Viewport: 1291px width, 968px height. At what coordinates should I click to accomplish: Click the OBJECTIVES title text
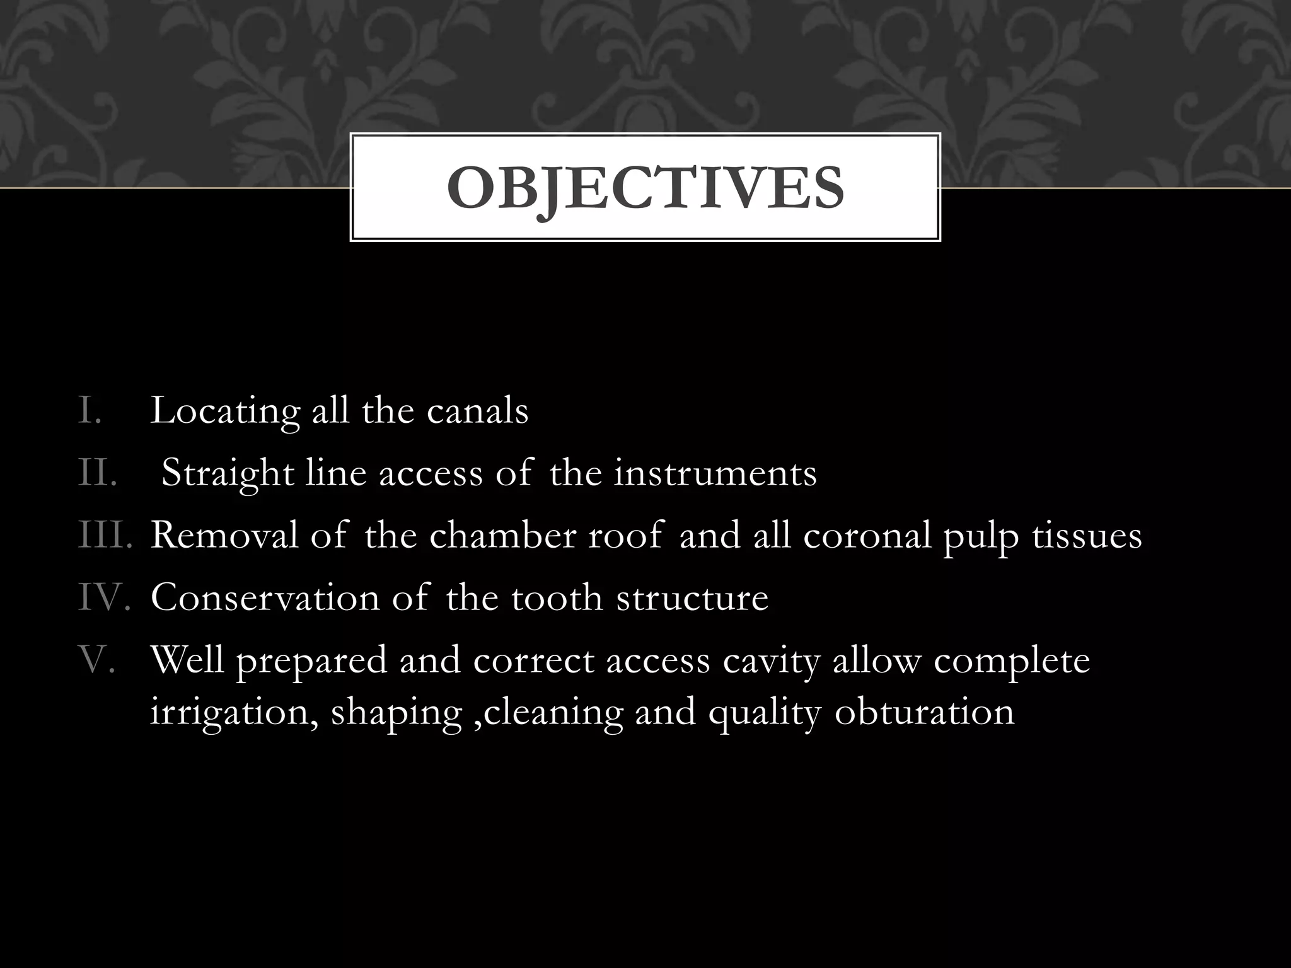point(645,188)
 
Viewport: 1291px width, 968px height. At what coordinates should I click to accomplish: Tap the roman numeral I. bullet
point(90,410)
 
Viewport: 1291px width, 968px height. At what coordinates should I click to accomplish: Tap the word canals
point(477,410)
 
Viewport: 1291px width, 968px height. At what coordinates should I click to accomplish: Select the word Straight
point(228,474)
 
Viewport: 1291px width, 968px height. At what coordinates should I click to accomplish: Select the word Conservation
point(265,597)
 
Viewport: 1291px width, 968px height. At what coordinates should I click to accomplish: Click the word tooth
point(557,597)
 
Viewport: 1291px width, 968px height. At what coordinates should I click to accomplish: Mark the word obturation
point(924,712)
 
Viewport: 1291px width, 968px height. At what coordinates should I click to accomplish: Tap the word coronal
point(867,535)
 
